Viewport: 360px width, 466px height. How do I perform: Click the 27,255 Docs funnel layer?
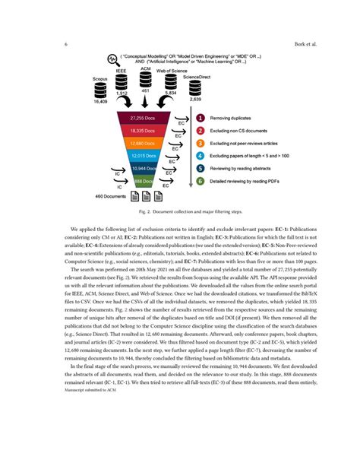pyautogui.click(x=143, y=118)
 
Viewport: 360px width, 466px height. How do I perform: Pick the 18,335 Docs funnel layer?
pyautogui.click(x=143, y=131)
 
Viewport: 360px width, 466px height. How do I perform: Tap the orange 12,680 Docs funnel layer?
pyautogui.click(x=143, y=143)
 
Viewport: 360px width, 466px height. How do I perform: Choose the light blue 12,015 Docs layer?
pyautogui.click(x=143, y=155)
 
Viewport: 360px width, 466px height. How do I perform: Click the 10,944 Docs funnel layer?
pyautogui.click(x=143, y=167)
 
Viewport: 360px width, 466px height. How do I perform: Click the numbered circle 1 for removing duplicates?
pyautogui.click(x=200, y=119)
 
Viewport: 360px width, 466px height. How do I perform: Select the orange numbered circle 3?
pyautogui.click(x=200, y=143)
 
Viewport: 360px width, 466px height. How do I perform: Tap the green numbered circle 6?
pyautogui.click(x=200, y=181)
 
